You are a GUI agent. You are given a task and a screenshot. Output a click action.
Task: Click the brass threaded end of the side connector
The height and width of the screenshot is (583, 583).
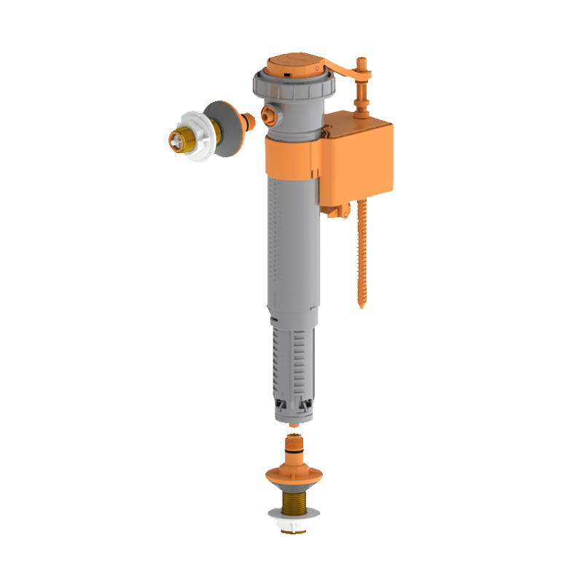click(x=176, y=138)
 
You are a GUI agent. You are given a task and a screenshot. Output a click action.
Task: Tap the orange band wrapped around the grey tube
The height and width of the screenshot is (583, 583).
click(x=290, y=157)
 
